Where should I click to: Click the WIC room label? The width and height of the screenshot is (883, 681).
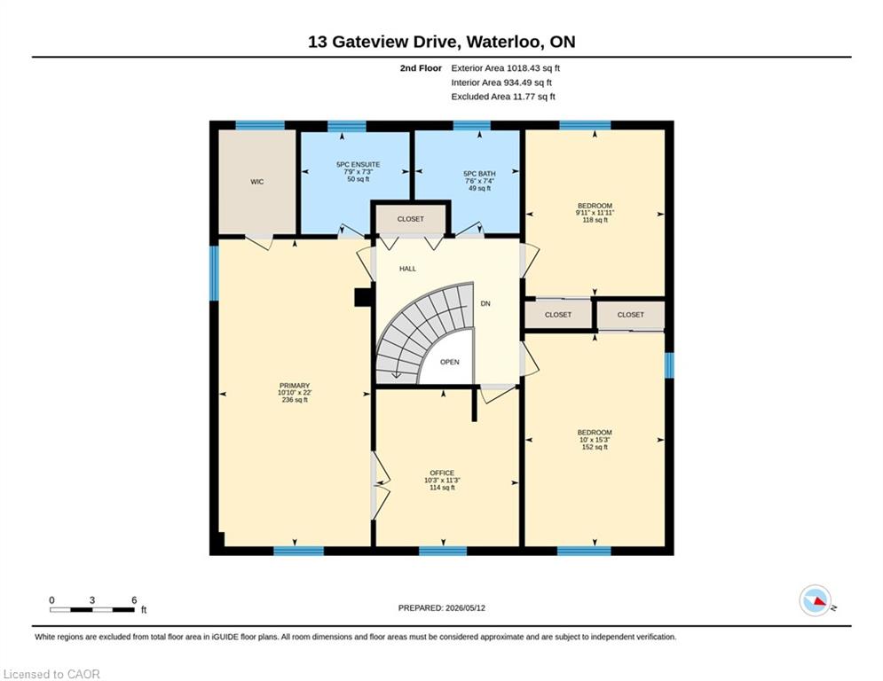[256, 182]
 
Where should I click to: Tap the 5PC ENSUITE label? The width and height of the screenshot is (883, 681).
[359, 164]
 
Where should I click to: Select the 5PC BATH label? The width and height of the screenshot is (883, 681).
[479, 174]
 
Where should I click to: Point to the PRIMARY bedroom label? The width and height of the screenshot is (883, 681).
[295, 386]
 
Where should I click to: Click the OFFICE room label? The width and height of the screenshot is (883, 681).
[442, 474]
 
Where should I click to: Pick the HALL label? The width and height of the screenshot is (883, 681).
[407, 269]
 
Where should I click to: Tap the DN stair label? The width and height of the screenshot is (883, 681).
[485, 303]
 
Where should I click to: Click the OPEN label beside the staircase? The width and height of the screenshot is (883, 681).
[449, 362]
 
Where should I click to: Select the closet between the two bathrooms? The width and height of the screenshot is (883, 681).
[411, 219]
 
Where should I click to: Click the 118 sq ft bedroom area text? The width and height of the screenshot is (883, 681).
[595, 220]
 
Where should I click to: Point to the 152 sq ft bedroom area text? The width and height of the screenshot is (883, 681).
[595, 447]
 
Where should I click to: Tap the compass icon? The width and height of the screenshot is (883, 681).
[816, 601]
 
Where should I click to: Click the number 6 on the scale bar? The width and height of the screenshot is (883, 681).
[134, 600]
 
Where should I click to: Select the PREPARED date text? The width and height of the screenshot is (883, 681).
[442, 607]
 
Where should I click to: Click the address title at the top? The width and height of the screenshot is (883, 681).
[442, 42]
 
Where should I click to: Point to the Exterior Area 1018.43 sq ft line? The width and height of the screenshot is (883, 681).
[505, 68]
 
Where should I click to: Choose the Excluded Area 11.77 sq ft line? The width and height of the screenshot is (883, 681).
[503, 97]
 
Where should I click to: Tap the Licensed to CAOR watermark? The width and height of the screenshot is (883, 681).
[51, 674]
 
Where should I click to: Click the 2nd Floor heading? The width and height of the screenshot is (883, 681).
[421, 68]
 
